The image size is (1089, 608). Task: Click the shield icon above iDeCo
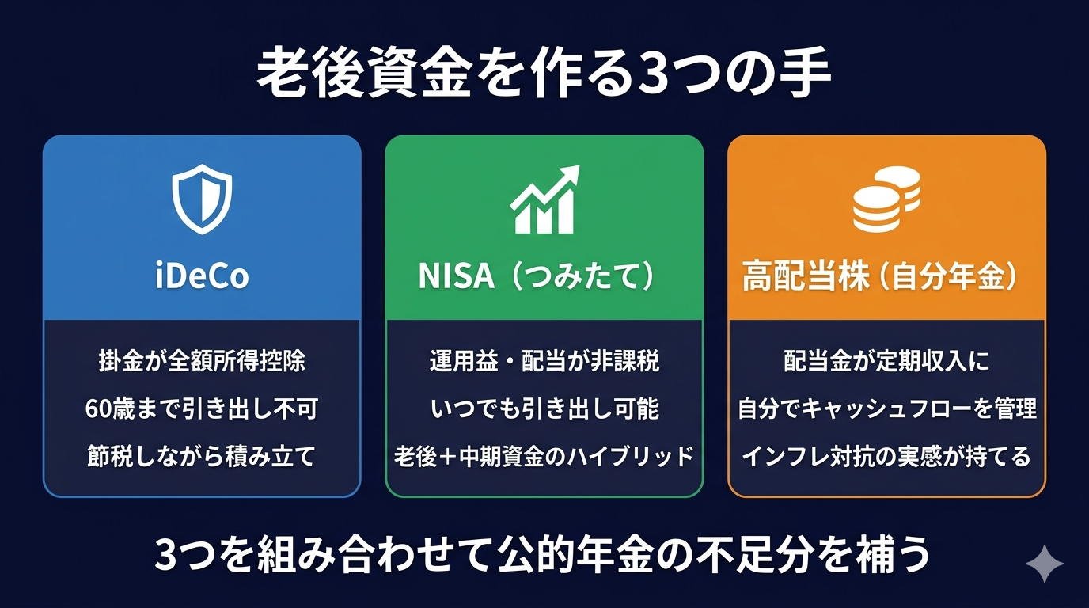click(x=202, y=199)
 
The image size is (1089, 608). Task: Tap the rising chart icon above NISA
click(x=544, y=200)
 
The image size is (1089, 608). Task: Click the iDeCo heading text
click(x=202, y=276)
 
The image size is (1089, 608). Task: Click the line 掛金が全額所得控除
click(x=202, y=362)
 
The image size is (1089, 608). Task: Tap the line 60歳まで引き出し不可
click(x=202, y=409)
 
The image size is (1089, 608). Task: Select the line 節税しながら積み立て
click(x=202, y=457)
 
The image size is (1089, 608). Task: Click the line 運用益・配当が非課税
click(x=544, y=362)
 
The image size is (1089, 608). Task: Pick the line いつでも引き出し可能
click(x=544, y=409)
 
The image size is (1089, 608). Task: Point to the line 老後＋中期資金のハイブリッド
click(x=544, y=457)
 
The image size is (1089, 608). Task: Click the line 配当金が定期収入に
click(x=886, y=362)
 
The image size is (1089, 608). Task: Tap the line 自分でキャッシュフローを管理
click(x=886, y=409)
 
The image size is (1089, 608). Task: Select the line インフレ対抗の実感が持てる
click(x=886, y=457)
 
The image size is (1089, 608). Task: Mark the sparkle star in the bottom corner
click(x=1045, y=563)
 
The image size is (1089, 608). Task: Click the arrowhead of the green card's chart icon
click(x=571, y=173)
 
